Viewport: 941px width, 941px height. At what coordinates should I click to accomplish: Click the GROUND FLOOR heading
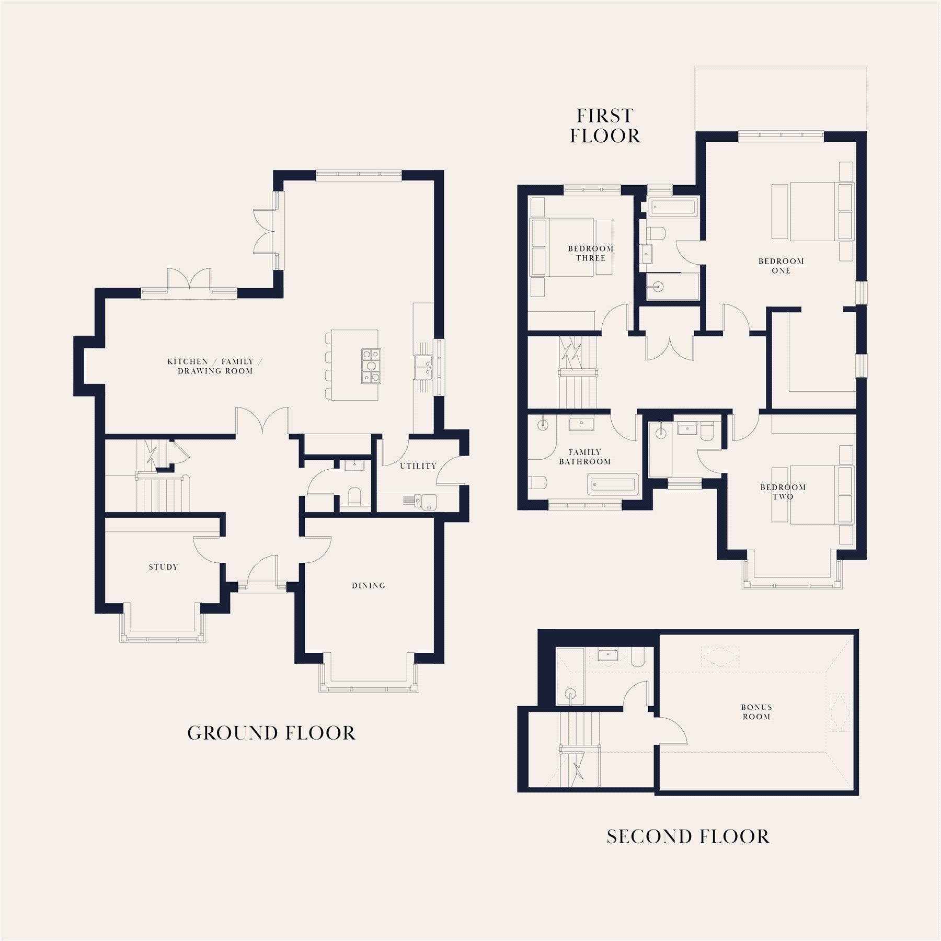click(271, 733)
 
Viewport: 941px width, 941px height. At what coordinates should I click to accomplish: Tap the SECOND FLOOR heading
click(688, 836)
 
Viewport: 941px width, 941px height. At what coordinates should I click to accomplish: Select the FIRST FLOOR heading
click(605, 126)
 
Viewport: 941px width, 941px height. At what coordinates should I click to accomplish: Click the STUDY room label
click(163, 567)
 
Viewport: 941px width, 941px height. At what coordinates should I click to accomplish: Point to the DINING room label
click(369, 585)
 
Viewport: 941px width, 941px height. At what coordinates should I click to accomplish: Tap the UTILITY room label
click(418, 466)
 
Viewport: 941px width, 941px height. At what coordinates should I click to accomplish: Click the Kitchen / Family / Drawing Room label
click(215, 366)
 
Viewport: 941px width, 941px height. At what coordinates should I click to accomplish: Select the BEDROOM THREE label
click(591, 253)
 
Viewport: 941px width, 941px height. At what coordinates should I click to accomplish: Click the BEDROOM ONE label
click(781, 266)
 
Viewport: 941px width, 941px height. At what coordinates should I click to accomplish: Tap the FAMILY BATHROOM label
click(584, 457)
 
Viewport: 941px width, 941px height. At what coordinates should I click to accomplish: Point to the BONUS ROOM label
click(756, 712)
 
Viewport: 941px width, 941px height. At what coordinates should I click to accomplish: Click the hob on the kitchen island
click(371, 366)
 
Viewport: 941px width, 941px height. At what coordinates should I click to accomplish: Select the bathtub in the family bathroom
click(613, 484)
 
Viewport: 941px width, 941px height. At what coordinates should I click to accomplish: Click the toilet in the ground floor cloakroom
click(354, 496)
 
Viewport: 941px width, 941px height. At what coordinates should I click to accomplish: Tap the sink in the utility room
click(428, 501)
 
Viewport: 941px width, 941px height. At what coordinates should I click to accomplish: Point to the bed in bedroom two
click(816, 494)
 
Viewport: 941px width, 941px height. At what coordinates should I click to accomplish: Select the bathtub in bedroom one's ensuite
click(672, 207)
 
